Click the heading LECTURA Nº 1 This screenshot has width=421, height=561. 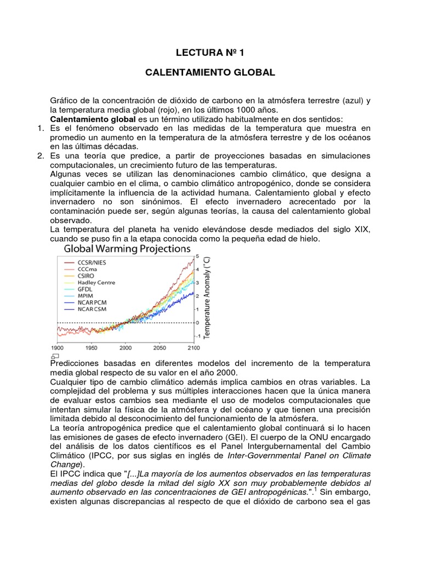(x=210, y=53)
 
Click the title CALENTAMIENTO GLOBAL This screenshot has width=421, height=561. (x=210, y=72)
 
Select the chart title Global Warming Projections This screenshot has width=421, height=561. (x=127, y=248)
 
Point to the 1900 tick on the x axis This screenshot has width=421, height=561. (x=58, y=347)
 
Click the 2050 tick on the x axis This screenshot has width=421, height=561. (x=160, y=347)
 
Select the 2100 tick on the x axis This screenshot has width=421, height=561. (x=194, y=347)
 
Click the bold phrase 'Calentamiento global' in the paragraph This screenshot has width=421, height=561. (x=93, y=119)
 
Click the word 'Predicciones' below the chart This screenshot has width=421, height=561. (x=75, y=364)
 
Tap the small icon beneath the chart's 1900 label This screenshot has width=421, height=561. (x=54, y=356)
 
